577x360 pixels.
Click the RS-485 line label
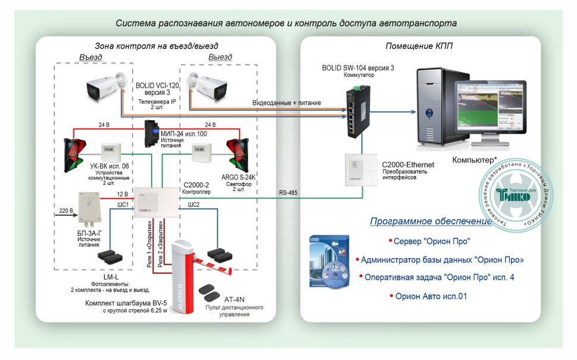coord(289,192)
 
